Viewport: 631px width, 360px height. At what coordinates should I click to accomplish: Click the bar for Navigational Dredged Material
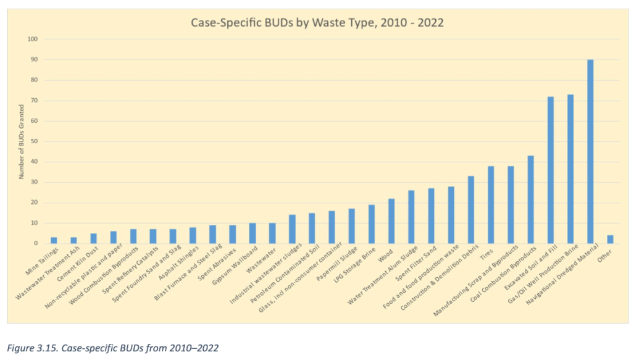tap(590, 151)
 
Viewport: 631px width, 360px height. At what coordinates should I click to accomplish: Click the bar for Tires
tap(491, 204)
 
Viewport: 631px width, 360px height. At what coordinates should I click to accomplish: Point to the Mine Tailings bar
tap(54, 240)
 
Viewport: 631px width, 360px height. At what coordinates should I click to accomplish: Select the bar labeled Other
tap(609, 239)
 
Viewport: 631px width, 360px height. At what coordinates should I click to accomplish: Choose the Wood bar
tap(391, 221)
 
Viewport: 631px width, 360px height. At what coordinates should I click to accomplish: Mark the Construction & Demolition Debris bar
tap(471, 210)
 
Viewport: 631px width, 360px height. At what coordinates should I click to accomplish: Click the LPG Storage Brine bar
tap(372, 224)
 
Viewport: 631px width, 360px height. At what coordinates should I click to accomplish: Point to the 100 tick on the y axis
tap(33, 39)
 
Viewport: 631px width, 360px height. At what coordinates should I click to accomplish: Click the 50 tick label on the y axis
tap(35, 141)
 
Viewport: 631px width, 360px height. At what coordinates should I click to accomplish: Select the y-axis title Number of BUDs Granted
tap(21, 141)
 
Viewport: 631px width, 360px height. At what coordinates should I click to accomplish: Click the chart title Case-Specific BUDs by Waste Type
tap(316, 23)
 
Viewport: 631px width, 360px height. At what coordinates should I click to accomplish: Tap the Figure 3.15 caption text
tap(112, 348)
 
